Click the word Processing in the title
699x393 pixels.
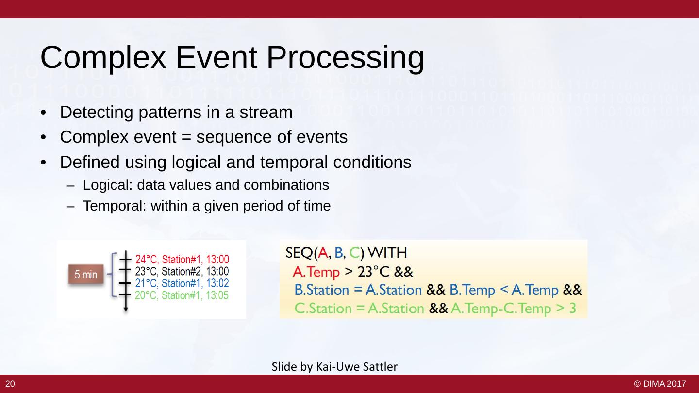(345, 58)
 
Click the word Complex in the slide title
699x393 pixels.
(103, 58)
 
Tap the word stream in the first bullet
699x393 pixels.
(266, 112)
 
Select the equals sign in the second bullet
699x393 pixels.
(186, 137)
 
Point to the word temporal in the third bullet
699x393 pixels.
(294, 162)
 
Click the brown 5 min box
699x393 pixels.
(86, 274)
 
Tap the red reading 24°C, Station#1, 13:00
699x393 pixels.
(182, 259)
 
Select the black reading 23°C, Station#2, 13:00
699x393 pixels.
(182, 271)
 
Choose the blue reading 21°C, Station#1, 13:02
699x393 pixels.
(182, 283)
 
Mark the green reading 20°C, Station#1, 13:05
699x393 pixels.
(182, 295)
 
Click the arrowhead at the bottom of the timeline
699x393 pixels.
(125, 310)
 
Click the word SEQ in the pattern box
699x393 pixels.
(299, 253)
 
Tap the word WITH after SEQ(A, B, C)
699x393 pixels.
(388, 253)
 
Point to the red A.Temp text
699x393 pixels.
(316, 272)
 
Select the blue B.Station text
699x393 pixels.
(322, 290)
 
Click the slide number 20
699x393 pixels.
(10, 384)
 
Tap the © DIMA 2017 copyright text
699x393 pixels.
(660, 384)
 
